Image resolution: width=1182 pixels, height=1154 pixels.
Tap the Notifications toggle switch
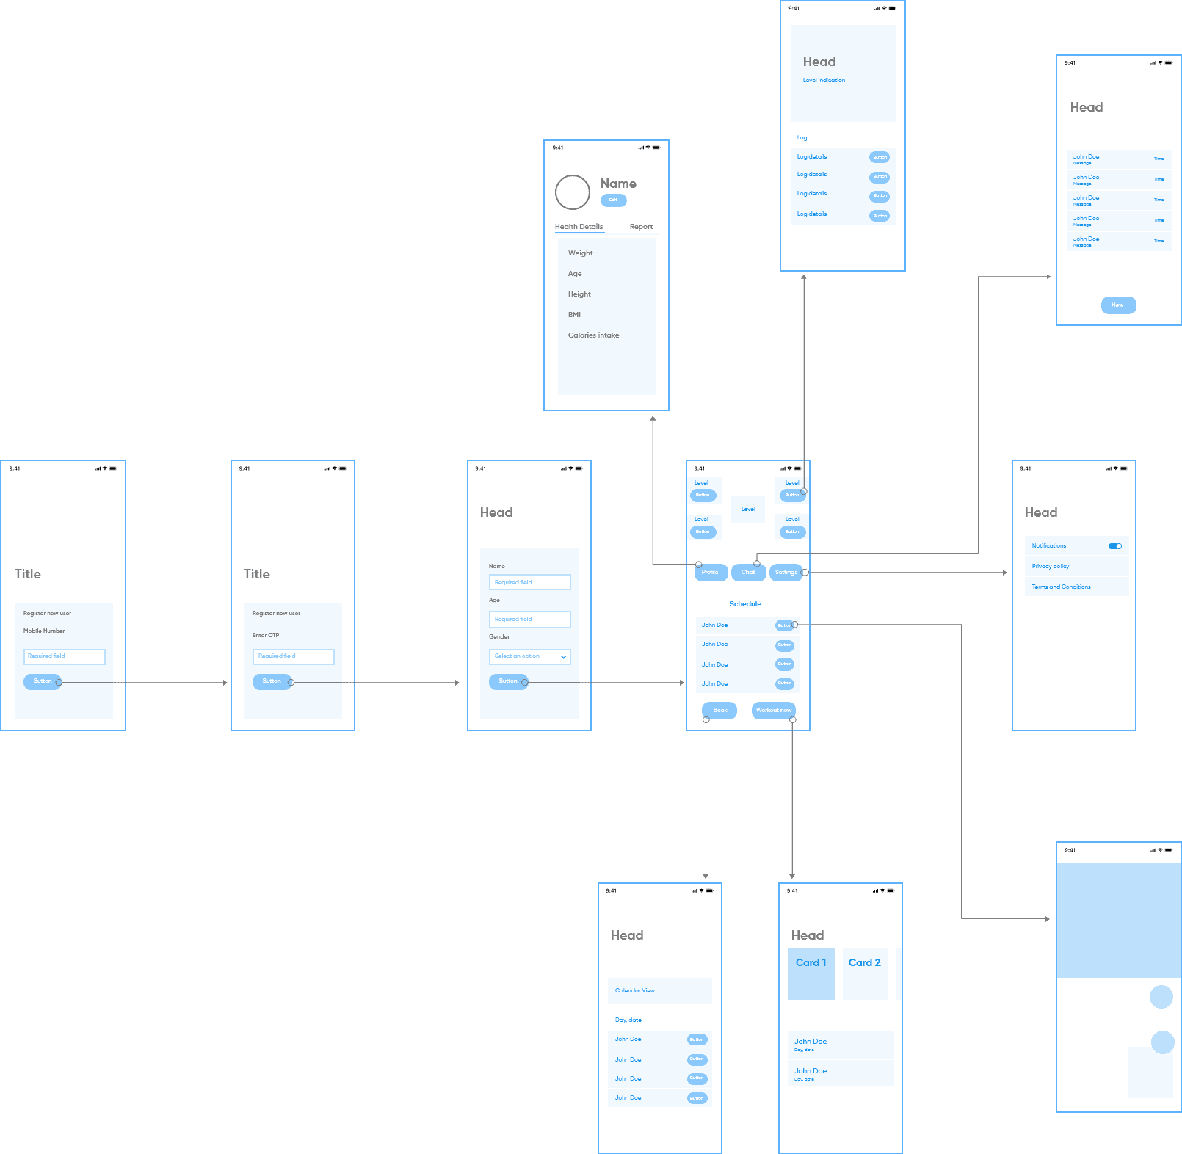1114,546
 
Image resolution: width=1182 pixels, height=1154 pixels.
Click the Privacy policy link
1051,567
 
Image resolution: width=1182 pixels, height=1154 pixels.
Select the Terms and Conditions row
1061,587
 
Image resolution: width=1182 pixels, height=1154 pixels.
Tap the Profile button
711,573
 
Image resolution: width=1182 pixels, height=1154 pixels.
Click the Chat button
748,573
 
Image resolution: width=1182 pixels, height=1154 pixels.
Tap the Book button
719,711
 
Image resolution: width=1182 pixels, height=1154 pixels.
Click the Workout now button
773,711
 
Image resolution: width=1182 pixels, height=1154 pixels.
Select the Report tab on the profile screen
641,227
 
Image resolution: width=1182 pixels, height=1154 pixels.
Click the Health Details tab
579,227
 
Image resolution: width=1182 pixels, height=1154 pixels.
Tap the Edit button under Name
613,200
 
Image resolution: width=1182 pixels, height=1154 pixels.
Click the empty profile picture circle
573,192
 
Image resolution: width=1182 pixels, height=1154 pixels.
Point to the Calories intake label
593,335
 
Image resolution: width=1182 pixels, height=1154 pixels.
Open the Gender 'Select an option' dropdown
530,656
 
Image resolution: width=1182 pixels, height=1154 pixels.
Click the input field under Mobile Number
65,656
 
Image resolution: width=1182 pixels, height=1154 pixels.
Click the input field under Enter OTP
294,656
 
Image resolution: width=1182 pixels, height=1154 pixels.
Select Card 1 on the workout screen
811,973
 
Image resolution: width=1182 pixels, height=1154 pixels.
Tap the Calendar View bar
659,991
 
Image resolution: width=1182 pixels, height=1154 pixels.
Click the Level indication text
824,81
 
